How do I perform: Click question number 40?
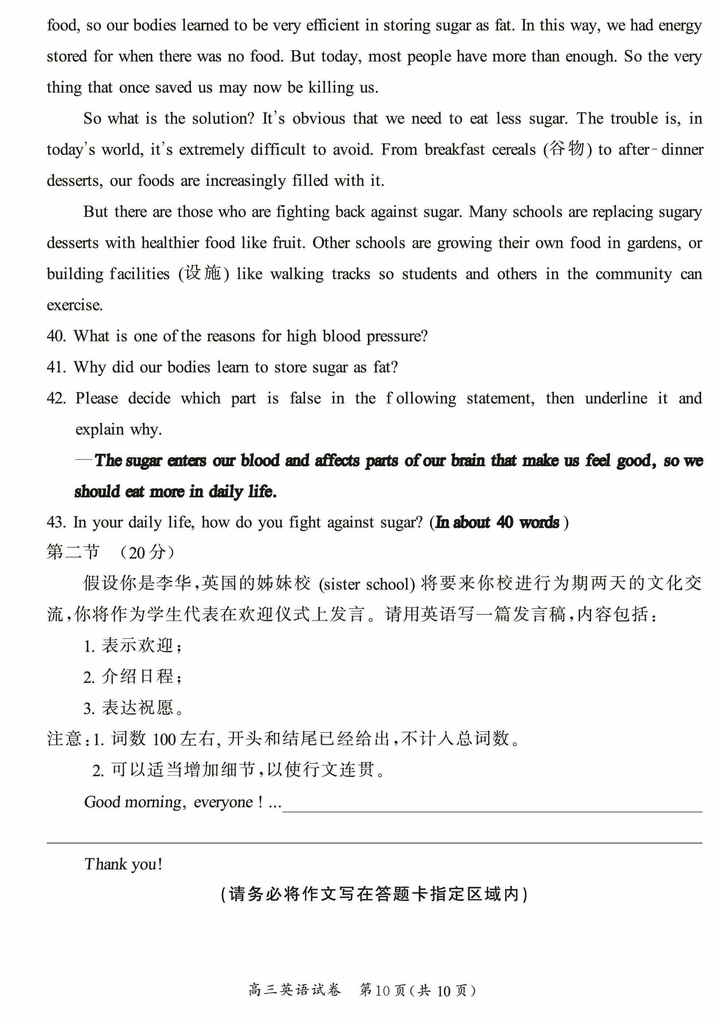[56, 336]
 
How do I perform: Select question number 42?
[56, 398]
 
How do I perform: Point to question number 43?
[56, 522]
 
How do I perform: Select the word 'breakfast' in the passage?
[454, 150]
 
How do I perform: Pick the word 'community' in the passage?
[633, 274]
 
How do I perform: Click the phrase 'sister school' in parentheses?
[367, 584]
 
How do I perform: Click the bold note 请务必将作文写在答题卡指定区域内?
[374, 895]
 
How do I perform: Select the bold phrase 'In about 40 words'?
[497, 522]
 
